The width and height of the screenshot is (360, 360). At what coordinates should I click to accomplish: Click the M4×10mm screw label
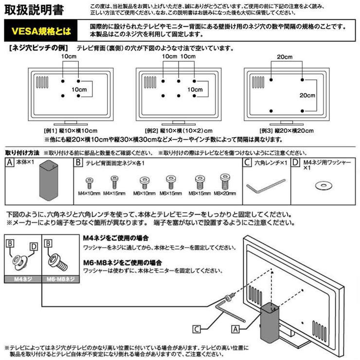coord(89,194)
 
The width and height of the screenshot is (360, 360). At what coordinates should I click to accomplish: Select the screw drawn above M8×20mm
coord(224,182)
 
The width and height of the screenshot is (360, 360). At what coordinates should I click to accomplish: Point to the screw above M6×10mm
coord(144,183)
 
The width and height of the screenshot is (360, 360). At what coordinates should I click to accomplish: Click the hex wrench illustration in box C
coord(265,185)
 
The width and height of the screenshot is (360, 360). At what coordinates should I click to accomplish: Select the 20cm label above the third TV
coord(285,57)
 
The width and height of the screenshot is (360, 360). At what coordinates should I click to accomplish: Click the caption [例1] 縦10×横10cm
coord(71,130)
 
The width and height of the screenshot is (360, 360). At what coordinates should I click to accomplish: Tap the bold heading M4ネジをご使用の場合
coord(116,238)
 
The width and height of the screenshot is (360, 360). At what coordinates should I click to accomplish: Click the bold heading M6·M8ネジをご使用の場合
coord(122,261)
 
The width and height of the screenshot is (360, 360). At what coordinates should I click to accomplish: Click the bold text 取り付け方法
coord(22,153)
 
